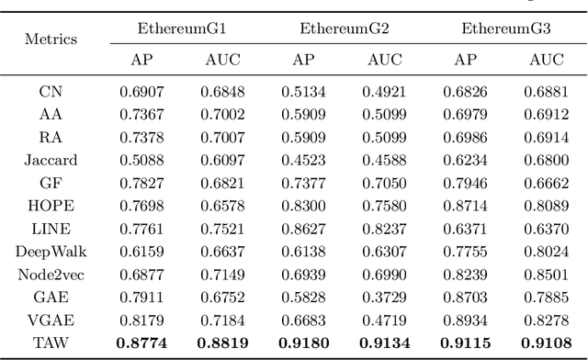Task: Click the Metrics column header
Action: (x=51, y=40)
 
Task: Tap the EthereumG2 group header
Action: (x=344, y=29)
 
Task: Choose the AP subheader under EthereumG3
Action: (x=465, y=61)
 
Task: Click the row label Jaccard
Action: (x=51, y=160)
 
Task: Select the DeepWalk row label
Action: (x=51, y=251)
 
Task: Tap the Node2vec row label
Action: (x=51, y=274)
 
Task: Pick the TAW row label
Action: (x=51, y=342)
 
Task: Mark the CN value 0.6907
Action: (x=141, y=92)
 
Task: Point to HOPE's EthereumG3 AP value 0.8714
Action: (x=465, y=206)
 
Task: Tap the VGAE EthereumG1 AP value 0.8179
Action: (x=141, y=320)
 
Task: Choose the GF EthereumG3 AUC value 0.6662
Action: (x=546, y=183)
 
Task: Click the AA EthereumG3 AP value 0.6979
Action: (x=465, y=115)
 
